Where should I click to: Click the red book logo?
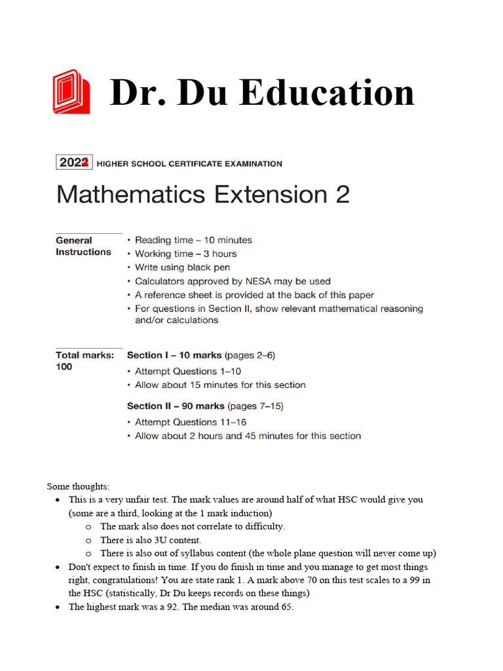coord(71,91)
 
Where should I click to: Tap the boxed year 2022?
coord(74,163)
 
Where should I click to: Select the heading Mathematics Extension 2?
coord(203,195)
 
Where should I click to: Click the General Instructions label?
coord(83,246)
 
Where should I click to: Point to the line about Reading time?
coord(193,240)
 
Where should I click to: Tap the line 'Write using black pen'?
coord(182,267)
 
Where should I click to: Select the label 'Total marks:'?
coord(84,355)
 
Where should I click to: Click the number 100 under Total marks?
coord(64,367)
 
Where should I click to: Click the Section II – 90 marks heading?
coord(176,406)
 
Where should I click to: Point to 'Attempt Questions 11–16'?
coord(191,422)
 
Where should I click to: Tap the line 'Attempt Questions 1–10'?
coord(188,371)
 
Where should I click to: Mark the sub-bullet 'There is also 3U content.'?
coord(151,540)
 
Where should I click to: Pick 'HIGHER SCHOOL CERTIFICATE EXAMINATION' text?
coord(189,164)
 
